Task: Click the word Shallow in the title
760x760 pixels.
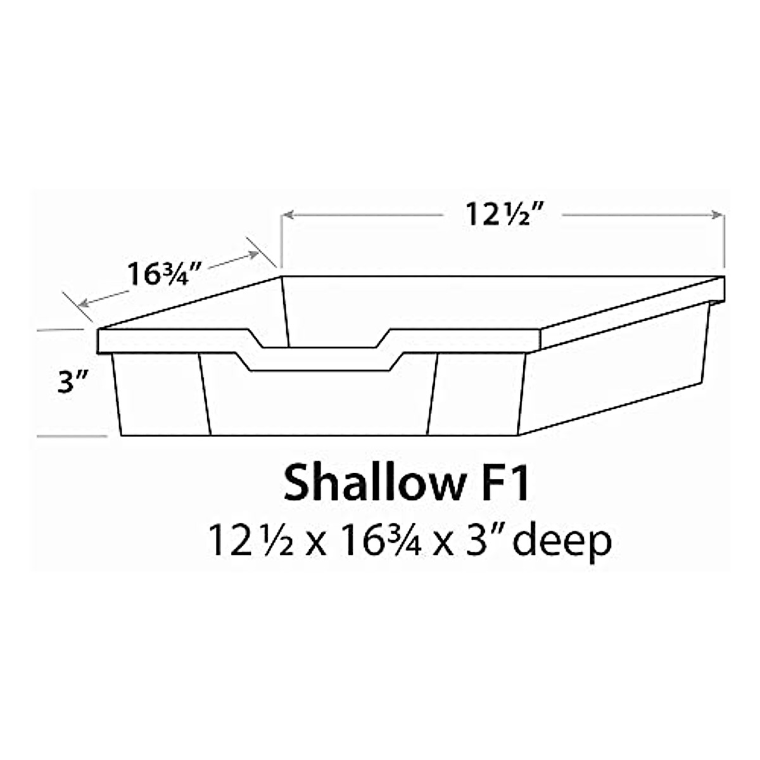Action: pos(372,484)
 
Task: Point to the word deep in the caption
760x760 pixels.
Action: pos(562,542)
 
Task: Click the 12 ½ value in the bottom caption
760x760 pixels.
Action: pos(251,542)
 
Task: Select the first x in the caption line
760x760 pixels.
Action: pos(316,545)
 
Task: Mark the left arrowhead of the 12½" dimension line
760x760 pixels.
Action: pos(287,215)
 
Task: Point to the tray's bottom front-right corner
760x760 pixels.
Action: pos(519,435)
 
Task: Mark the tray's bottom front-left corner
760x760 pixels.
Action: pos(120,435)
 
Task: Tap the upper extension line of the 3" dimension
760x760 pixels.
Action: pos(60,330)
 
